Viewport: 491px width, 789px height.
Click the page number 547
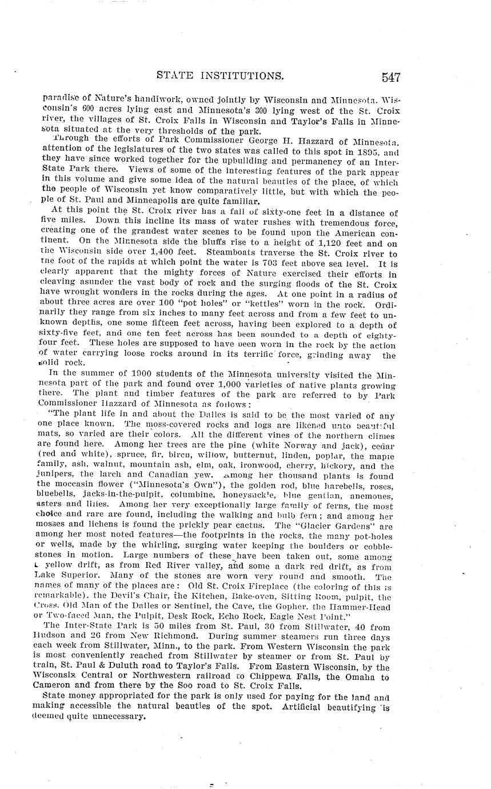pos(388,77)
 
